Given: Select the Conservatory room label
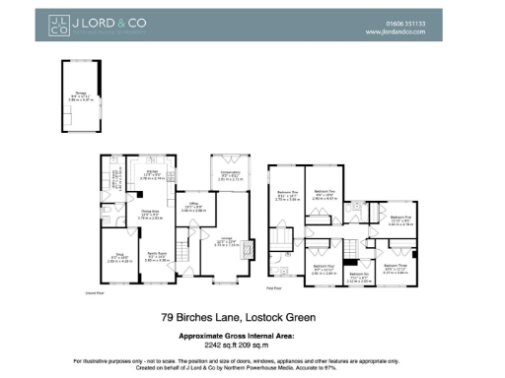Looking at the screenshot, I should click(232, 174).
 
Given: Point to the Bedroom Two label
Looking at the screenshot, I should click(325, 193).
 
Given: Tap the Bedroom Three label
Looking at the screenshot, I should click(396, 267).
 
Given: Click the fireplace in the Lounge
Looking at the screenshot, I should click(248, 246).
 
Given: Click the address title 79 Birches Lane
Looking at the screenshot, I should click(252, 318).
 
